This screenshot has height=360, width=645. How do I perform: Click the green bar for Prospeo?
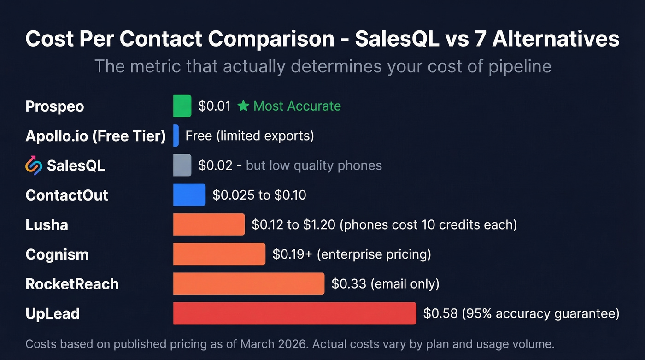point(182,106)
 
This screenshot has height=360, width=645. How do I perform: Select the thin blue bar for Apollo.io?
point(176,136)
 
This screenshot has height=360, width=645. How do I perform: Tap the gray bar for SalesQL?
point(182,165)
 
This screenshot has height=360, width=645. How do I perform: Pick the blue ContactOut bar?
point(189,195)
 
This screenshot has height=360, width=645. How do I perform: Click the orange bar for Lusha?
point(209,224)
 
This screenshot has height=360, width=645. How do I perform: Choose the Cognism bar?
point(219,254)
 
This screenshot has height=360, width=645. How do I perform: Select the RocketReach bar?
point(248,283)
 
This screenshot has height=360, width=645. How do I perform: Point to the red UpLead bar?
point(294,313)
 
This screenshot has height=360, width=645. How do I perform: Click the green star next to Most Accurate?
point(243,106)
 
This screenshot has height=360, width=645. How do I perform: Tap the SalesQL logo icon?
point(34,165)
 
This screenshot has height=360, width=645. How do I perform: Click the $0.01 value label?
point(214,106)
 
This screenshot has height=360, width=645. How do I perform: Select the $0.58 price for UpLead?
point(440,313)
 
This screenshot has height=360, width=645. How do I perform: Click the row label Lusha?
point(47,225)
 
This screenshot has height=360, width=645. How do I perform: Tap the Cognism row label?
point(57,254)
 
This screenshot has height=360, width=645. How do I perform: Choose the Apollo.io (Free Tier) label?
point(95,136)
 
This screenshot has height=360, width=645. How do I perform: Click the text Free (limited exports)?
point(249,136)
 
